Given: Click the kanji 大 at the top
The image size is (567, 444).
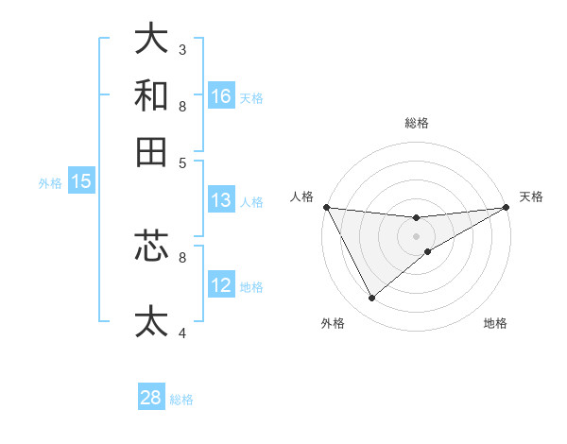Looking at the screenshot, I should (151, 39).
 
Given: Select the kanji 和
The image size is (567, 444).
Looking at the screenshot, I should (151, 94).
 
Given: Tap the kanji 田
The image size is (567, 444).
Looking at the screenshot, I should (151, 151).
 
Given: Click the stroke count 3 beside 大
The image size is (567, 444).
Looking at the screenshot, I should (182, 49).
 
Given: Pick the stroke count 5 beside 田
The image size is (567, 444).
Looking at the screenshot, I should (182, 162).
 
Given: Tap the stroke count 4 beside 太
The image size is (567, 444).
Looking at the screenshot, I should (182, 333).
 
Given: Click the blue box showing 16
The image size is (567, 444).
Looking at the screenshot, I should (221, 95).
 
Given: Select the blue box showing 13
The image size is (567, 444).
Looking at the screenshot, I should (221, 200).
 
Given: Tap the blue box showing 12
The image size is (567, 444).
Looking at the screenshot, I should (221, 285).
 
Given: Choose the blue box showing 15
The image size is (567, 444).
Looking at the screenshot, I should (81, 182).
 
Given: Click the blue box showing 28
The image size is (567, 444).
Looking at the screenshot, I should (151, 398).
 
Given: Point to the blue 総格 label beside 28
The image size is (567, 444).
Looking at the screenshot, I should (181, 400).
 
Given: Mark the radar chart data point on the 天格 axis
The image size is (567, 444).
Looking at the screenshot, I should (507, 207).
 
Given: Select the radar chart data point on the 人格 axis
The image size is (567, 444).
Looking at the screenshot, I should (326, 207).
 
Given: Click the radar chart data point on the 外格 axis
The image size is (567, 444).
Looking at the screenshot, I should (371, 299).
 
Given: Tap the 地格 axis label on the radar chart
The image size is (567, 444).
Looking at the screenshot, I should (495, 324).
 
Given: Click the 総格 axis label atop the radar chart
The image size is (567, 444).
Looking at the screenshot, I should (417, 123).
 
